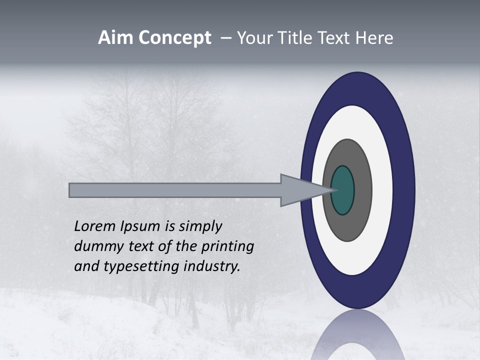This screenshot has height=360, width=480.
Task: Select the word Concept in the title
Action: [174, 38]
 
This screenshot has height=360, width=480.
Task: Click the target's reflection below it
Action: [357, 335]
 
